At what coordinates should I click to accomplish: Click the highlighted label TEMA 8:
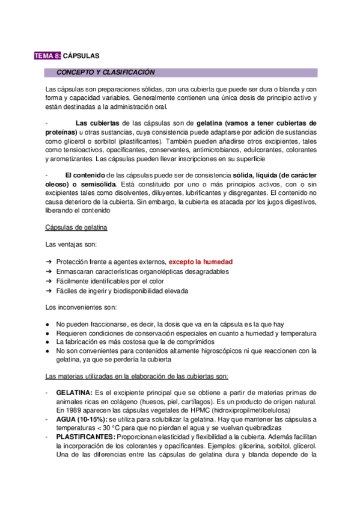pos(47,56)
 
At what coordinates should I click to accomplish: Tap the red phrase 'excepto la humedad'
pos(200,262)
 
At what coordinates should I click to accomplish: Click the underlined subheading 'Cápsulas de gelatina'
pos(76,228)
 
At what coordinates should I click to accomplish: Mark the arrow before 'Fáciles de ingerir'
pos(48,291)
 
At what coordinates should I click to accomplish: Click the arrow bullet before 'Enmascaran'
pos(48,272)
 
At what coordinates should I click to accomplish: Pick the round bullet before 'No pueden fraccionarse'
pos(48,324)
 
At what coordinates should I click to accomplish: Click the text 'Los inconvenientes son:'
pos(81,307)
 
